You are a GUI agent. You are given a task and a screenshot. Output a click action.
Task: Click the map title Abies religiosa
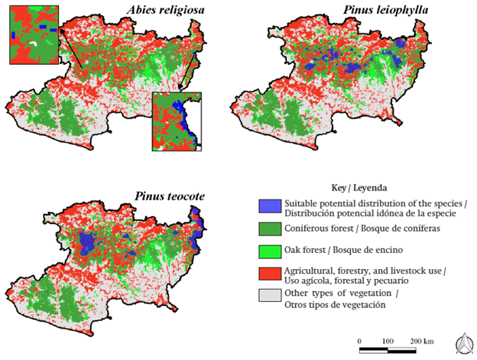(x=169, y=10)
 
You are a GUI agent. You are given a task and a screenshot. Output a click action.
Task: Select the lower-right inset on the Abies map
(x=177, y=122)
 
